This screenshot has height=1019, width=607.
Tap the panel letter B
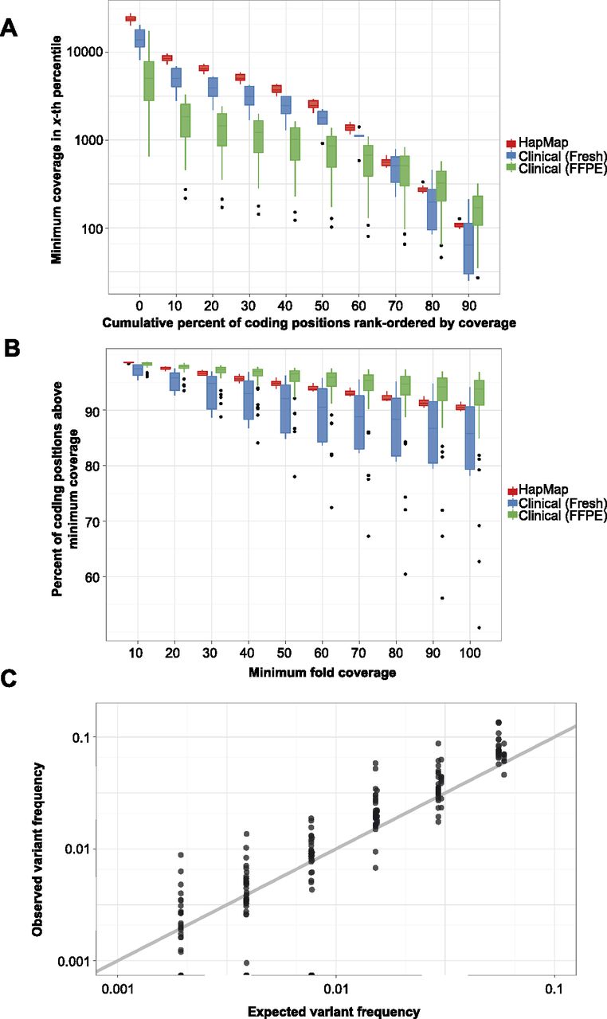click(11, 349)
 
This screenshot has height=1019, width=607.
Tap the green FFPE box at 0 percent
click(149, 81)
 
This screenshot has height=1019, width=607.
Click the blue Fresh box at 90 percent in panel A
click(468, 248)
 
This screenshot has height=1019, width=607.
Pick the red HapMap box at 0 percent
click(131, 18)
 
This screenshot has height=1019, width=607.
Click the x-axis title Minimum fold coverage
click(322, 673)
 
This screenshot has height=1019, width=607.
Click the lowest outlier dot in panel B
click(479, 628)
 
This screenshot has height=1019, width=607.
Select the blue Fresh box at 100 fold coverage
click(469, 438)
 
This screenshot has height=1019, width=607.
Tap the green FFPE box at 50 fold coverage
click(295, 376)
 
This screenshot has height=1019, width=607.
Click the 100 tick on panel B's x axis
click(469, 654)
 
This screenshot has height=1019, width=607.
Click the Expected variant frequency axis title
click(334, 1012)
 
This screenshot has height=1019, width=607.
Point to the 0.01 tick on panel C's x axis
click(336, 989)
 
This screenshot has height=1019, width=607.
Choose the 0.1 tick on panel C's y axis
click(81, 737)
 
